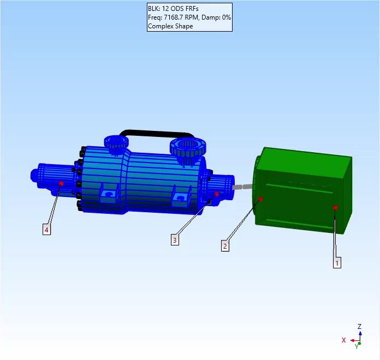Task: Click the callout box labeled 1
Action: (x=337, y=262)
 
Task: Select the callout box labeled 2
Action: (x=224, y=245)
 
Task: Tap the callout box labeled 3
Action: (x=174, y=239)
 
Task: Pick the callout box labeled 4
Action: (x=46, y=230)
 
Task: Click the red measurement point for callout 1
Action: (x=335, y=207)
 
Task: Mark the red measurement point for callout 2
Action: (x=261, y=199)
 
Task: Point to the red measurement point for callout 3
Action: (x=217, y=194)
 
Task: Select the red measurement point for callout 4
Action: (x=61, y=183)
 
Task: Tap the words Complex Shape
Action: (x=170, y=26)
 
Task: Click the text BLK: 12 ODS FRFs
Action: (x=174, y=9)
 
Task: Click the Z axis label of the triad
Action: (x=359, y=327)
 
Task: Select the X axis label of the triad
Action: (x=343, y=340)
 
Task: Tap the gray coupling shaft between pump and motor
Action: (x=244, y=187)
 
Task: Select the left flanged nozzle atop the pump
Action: (x=117, y=144)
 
